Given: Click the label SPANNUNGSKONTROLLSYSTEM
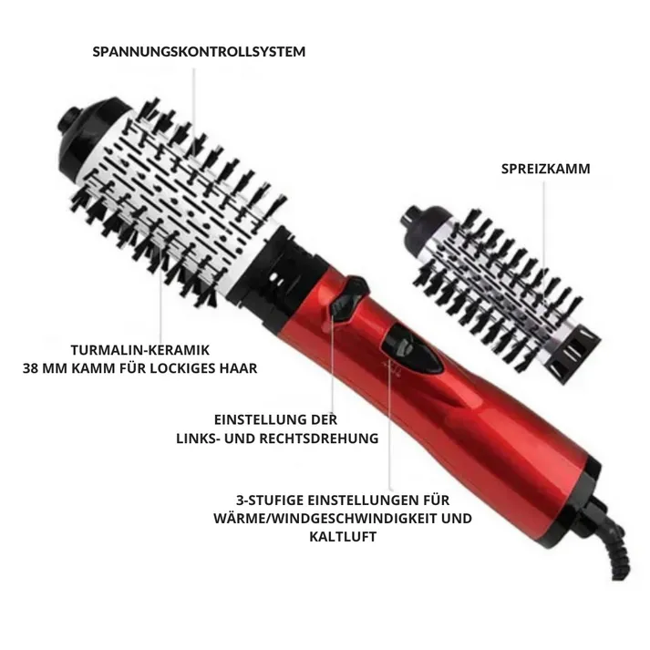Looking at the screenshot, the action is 199,52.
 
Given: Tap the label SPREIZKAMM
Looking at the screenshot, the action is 545,169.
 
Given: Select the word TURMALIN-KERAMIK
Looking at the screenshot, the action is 140,350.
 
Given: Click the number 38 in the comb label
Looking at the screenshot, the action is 30,368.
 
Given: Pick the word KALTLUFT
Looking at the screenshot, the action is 343,536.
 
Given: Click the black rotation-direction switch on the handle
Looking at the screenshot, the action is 348,299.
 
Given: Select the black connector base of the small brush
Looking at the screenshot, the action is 574,356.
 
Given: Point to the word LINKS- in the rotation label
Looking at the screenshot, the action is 198,438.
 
